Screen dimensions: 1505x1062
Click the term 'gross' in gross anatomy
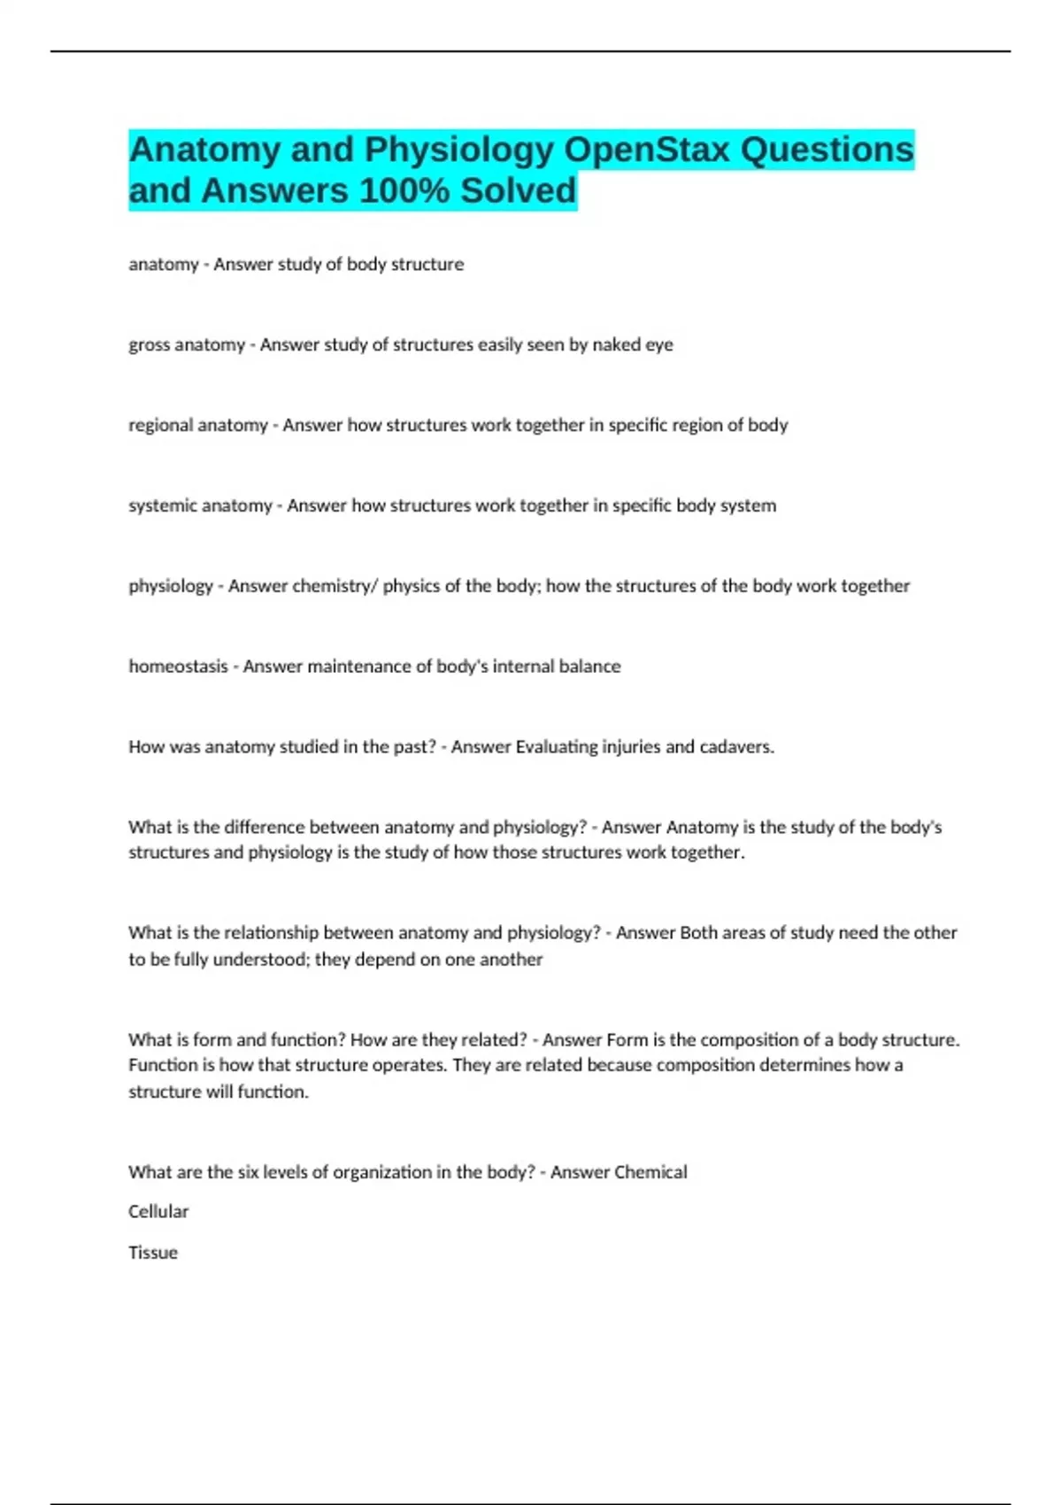coord(149,345)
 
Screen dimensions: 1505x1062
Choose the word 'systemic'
coord(163,506)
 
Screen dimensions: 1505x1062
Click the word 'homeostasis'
coord(178,667)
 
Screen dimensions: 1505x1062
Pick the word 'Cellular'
coord(158,1212)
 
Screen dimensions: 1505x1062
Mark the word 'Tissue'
coord(153,1253)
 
